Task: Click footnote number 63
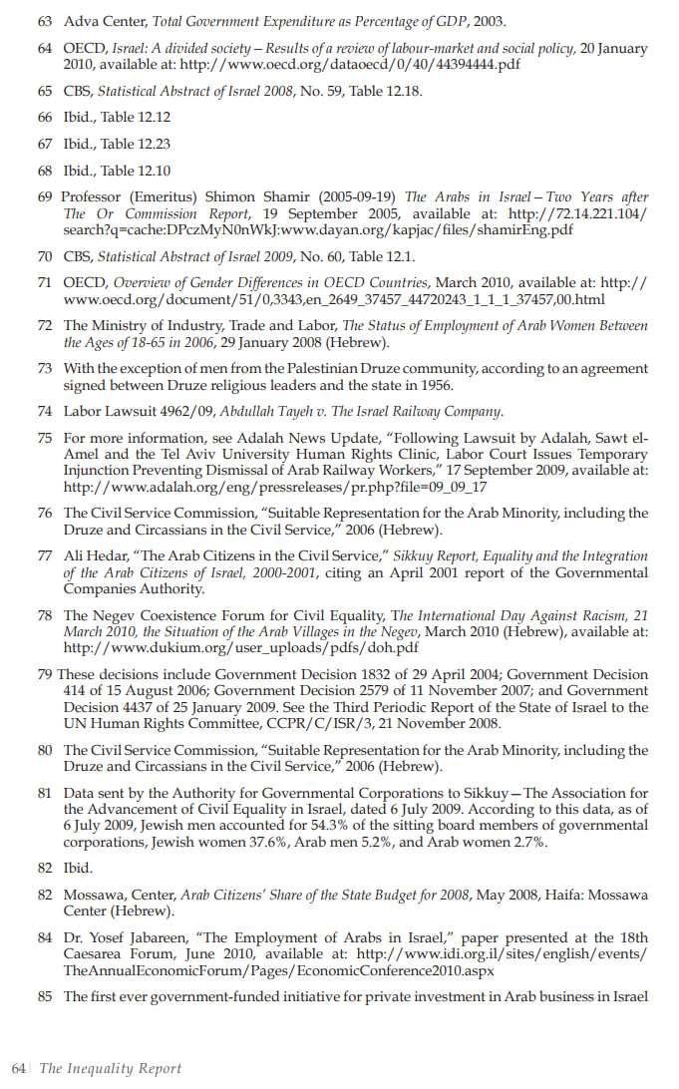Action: [46, 21]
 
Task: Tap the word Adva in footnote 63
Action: [81, 21]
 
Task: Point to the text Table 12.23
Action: [136, 144]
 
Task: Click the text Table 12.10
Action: [136, 170]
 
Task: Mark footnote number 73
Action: [46, 368]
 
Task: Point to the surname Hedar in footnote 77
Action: [110, 555]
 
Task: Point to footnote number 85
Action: [46, 996]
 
